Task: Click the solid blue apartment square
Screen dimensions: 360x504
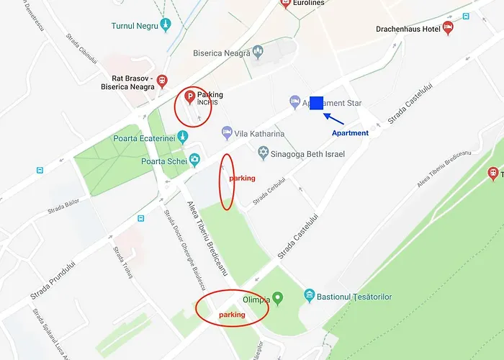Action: (x=316, y=103)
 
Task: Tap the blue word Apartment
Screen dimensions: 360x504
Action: (x=350, y=133)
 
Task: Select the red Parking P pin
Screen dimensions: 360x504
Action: (x=189, y=97)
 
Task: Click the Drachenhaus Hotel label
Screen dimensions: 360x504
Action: (x=408, y=30)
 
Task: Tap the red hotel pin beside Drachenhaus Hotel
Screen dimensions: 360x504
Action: (x=448, y=28)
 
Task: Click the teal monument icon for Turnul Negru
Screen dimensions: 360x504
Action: (x=166, y=24)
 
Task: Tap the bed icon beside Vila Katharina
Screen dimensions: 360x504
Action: (x=227, y=133)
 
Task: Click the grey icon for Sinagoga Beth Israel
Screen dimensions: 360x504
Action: (x=264, y=153)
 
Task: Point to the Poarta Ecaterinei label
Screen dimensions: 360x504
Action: (x=144, y=139)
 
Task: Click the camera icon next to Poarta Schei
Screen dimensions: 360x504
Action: (x=194, y=160)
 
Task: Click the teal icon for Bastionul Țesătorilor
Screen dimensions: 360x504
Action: (x=310, y=295)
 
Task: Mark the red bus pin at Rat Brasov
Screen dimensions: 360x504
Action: (x=163, y=80)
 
